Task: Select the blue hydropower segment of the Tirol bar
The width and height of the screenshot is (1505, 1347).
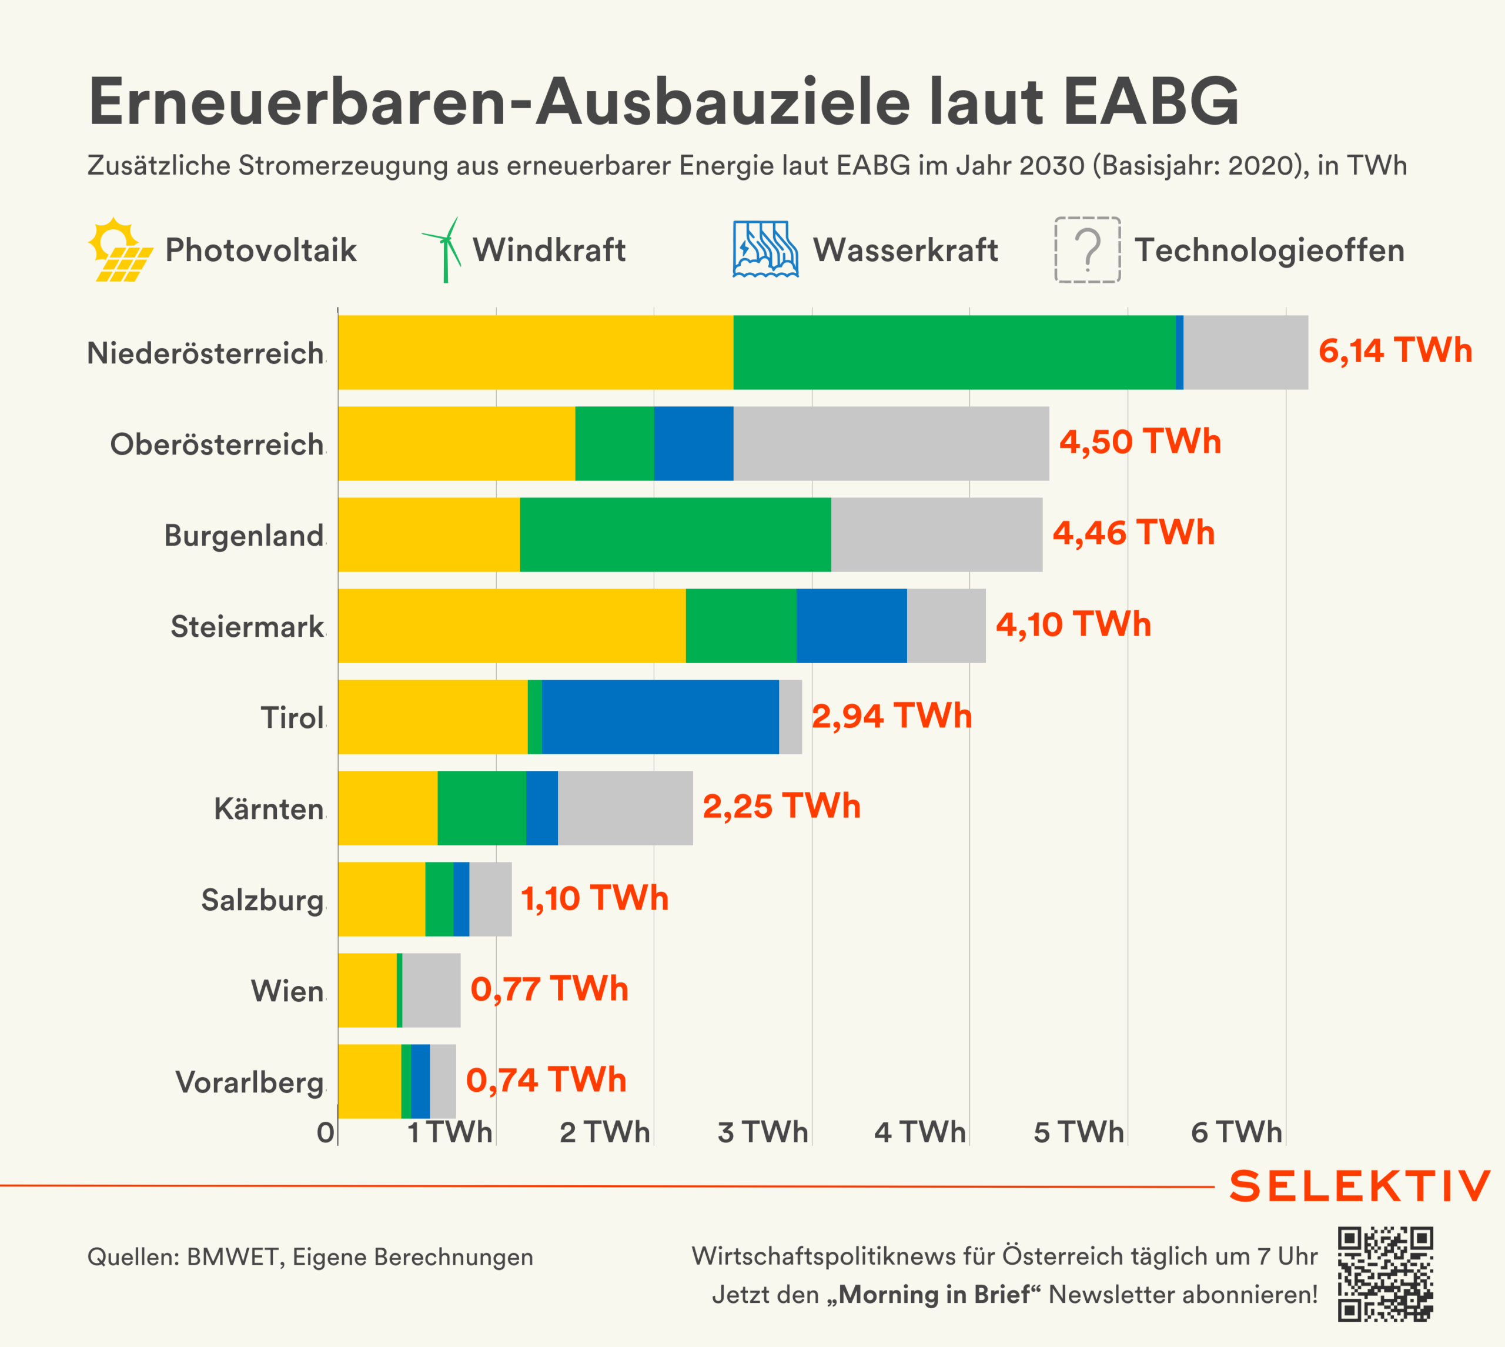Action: point(660,717)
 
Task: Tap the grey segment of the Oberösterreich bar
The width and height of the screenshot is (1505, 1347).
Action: point(891,443)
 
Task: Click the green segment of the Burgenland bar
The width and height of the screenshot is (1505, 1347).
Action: point(675,534)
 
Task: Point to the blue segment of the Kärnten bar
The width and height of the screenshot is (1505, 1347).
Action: point(541,807)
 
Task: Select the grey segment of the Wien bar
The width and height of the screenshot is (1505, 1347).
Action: point(432,990)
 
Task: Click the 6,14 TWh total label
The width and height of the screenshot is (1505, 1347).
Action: point(1394,351)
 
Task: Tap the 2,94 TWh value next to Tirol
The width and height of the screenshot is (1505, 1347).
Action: point(892,716)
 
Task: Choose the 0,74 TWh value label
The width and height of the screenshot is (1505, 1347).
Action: point(546,1080)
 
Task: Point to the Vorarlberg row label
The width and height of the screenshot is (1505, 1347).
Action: point(250,1082)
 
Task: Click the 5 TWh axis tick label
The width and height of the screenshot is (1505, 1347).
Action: point(1078,1132)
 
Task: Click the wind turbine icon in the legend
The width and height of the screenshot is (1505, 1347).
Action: point(443,250)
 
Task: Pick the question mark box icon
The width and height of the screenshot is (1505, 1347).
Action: point(1087,250)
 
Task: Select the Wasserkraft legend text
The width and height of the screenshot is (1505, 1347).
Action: point(905,250)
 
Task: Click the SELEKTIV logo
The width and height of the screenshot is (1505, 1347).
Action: point(1359,1186)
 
